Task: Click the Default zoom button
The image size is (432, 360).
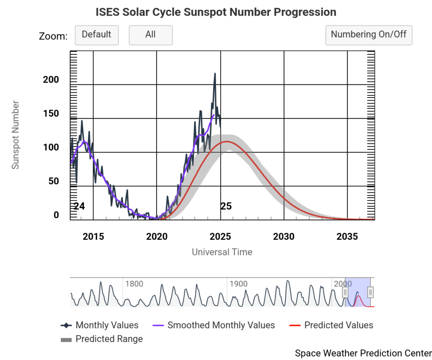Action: point(97,35)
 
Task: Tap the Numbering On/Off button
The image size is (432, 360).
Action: point(369,35)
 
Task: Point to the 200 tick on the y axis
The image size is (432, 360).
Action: point(51,80)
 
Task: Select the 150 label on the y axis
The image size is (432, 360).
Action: point(51,114)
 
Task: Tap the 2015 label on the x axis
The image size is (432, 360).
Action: point(93,236)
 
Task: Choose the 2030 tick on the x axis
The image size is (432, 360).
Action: point(284,236)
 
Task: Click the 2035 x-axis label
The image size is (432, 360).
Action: point(347,236)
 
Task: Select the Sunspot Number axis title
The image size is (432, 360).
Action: point(16,135)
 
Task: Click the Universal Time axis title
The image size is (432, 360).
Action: point(222,252)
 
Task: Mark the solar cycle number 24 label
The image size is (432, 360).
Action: point(79,206)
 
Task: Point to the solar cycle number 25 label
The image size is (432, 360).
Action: point(226,206)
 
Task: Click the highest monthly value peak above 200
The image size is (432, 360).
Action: point(215,74)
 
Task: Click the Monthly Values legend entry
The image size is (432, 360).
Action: point(107,325)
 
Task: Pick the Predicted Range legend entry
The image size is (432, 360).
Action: point(109,339)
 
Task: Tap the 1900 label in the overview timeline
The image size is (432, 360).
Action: point(239,284)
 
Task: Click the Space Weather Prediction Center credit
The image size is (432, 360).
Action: point(363,353)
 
